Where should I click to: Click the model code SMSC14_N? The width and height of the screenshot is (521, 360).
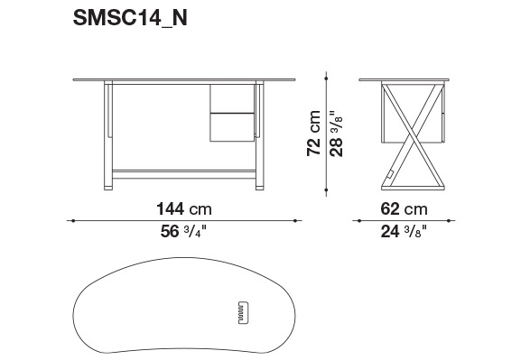[130, 18]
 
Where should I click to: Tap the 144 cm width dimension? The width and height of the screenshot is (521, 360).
[183, 209]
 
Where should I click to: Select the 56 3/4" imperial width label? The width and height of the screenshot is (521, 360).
[183, 232]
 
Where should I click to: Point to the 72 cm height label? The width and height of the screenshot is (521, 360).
[313, 133]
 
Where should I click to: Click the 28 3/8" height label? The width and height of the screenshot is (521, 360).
[336, 134]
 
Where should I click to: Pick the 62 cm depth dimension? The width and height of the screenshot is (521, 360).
[404, 209]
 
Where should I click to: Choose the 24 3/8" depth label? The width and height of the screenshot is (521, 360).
[404, 232]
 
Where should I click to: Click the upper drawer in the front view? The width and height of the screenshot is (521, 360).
[232, 98]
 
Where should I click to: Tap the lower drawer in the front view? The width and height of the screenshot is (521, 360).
[232, 127]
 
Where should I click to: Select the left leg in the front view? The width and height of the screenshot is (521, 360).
[108, 135]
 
